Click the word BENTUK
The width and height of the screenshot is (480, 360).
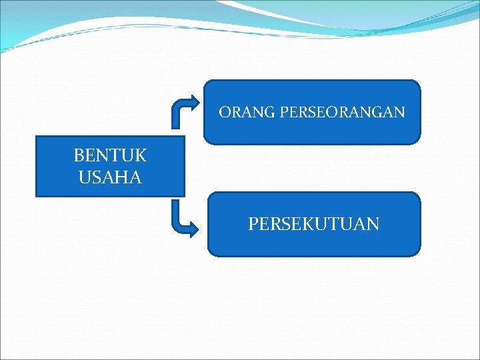click(110, 156)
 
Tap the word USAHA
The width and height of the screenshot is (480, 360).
click(110, 178)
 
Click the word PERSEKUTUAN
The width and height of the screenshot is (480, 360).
click(313, 224)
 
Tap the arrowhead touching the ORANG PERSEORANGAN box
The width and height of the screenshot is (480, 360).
click(194, 103)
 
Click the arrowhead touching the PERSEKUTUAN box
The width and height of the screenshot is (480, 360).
click(194, 230)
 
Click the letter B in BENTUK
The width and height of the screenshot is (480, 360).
click(79, 156)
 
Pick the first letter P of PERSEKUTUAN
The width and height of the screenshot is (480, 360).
click(254, 224)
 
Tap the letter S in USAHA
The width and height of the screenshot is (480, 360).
click(97, 178)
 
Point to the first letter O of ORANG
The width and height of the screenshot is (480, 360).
click(225, 112)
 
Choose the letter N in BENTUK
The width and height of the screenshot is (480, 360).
click(103, 156)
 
